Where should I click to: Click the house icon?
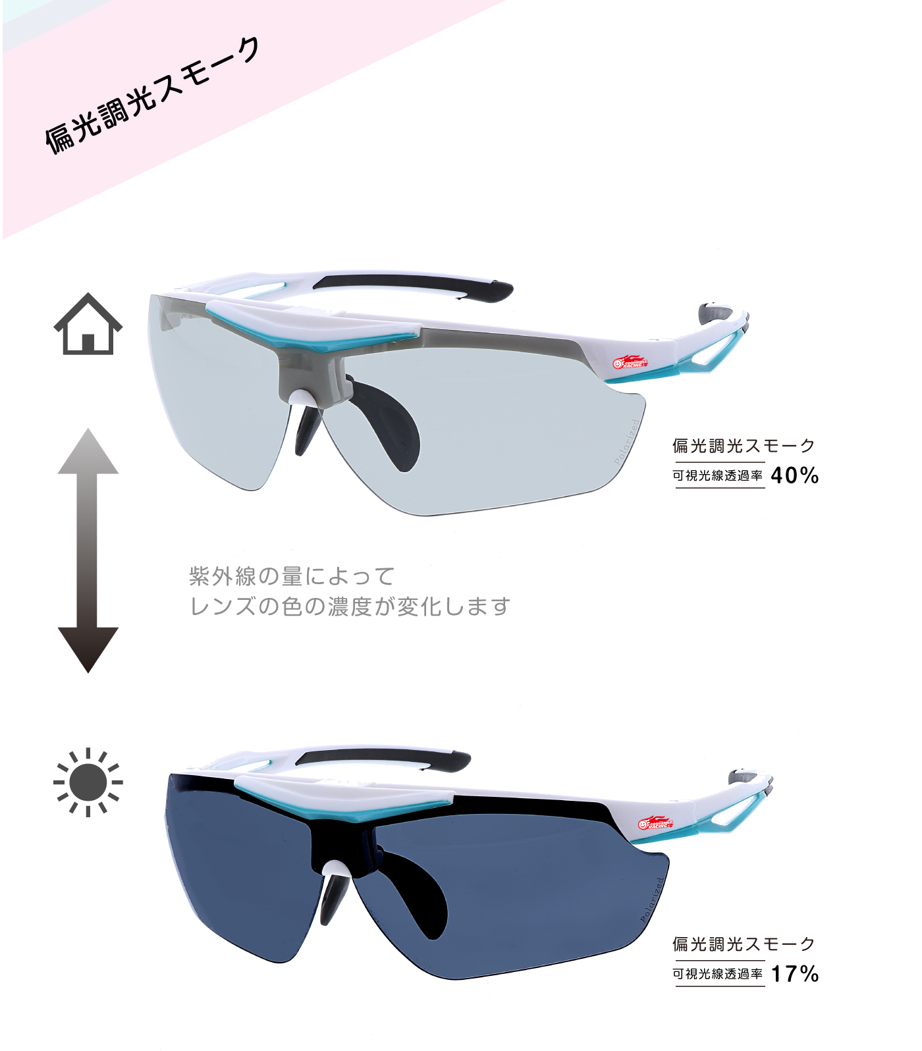[88, 325]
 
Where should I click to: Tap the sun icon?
[88, 782]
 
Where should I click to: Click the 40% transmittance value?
[794, 475]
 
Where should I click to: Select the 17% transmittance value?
[794, 973]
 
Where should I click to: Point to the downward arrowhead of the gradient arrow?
[88, 649]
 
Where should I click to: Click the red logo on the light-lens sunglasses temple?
[630, 363]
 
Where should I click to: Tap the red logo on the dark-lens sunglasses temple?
[655, 823]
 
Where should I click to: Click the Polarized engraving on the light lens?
[627, 443]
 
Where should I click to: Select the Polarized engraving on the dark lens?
[653, 900]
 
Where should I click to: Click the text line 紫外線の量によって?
[292, 576]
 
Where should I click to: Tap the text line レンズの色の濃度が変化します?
[350, 606]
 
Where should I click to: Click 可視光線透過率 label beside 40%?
[718, 475]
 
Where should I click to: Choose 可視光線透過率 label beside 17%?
[718, 974]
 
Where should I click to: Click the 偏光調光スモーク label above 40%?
[744, 446]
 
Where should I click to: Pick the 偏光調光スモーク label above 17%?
[744, 944]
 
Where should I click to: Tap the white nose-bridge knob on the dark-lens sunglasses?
[337, 869]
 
